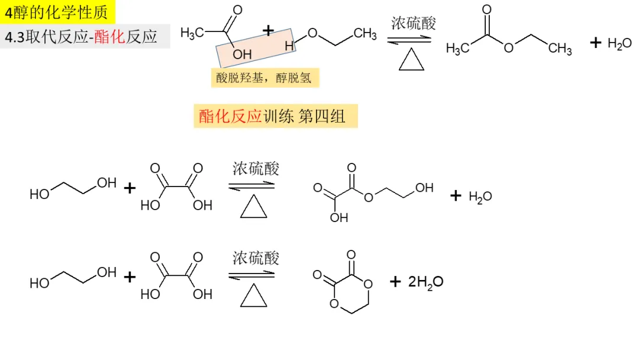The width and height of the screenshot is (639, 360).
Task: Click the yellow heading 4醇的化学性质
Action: pos(58,11)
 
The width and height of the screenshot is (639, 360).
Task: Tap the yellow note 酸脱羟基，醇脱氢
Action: pos(264,78)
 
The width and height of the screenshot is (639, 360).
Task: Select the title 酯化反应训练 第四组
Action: pos(276,116)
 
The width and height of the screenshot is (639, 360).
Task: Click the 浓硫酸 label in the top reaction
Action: pos(414,24)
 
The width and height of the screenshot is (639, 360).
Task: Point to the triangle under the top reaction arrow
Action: pos(412,60)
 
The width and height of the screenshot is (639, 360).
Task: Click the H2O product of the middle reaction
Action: pos(480,197)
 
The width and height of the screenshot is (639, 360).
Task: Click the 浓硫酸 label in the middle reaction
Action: pos(256,169)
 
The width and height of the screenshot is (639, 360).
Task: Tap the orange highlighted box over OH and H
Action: pos(256,47)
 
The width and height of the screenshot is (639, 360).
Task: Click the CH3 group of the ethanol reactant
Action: pos(366,34)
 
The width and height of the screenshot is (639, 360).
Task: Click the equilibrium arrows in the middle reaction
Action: pos(252,185)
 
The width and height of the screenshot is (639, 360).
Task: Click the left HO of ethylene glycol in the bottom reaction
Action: pos(39,283)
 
